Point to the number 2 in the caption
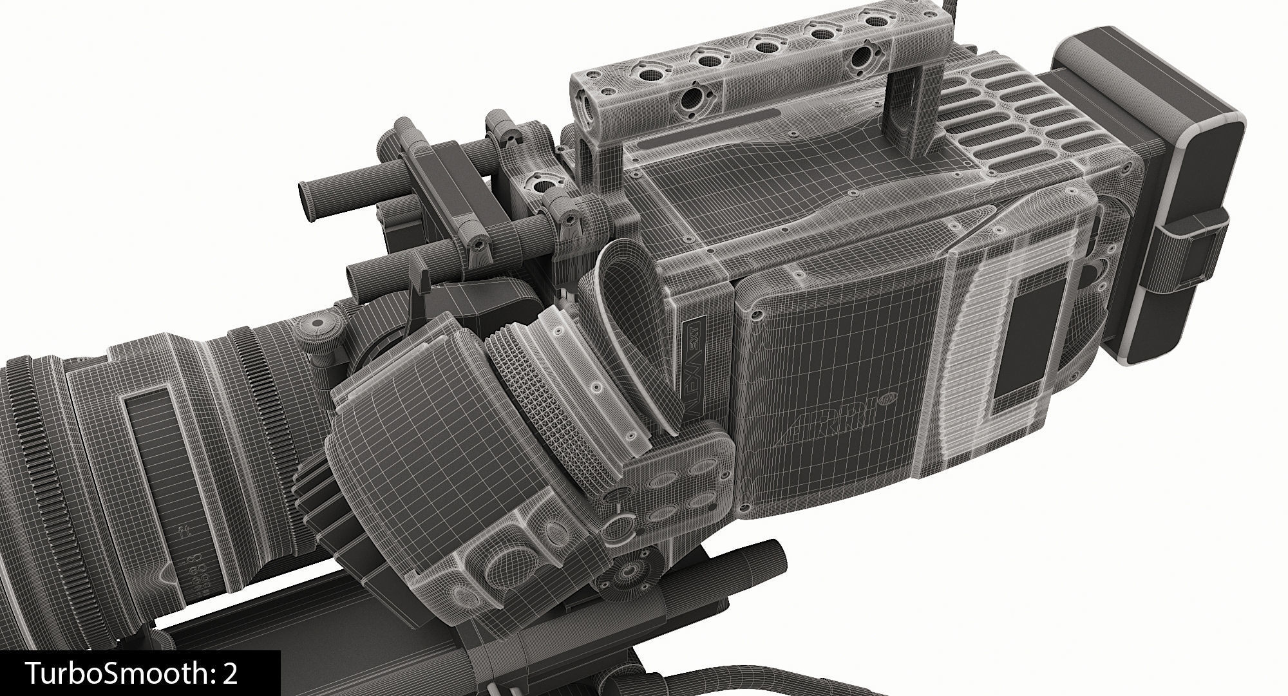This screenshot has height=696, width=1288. [x=231, y=673]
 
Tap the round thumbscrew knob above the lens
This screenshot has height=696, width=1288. [x=317, y=321]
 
